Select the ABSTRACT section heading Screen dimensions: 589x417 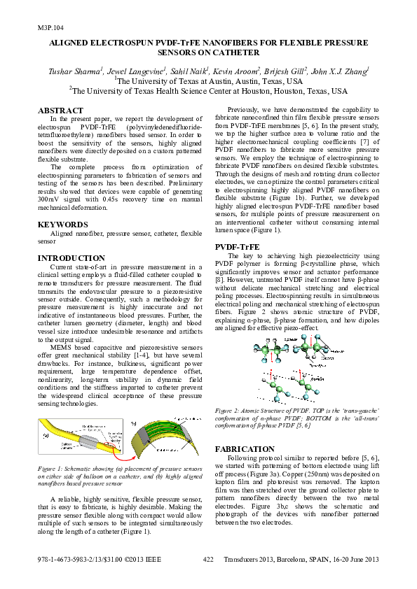coord(59,111)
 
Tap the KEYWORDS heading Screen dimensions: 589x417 coord(62,225)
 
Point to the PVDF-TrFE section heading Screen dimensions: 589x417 coord(237,247)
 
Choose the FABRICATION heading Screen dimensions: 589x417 coord(244,448)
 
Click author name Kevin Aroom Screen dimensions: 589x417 coord(234,71)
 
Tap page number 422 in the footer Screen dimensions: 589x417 coord(208,559)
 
